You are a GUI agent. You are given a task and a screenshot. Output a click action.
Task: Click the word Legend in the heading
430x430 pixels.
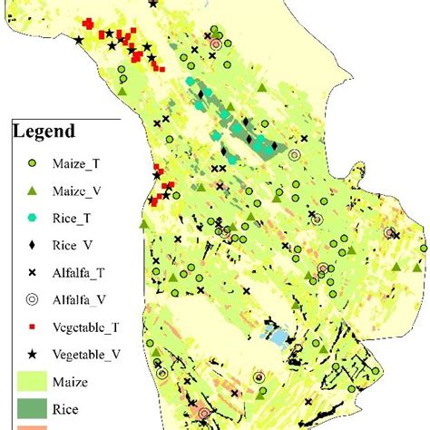[44, 132]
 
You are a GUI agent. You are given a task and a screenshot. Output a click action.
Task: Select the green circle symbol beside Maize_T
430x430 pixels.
[30, 164]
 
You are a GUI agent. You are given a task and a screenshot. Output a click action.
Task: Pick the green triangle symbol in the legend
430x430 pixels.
[30, 191]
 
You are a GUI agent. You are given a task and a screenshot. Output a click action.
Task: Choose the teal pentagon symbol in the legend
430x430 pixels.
[30, 218]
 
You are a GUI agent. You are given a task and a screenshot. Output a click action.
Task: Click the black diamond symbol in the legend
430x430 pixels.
[30, 245]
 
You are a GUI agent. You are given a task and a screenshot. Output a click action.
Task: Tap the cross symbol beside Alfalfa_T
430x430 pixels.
[30, 271]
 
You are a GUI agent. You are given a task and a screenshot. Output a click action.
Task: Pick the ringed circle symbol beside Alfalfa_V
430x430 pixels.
[30, 298]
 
